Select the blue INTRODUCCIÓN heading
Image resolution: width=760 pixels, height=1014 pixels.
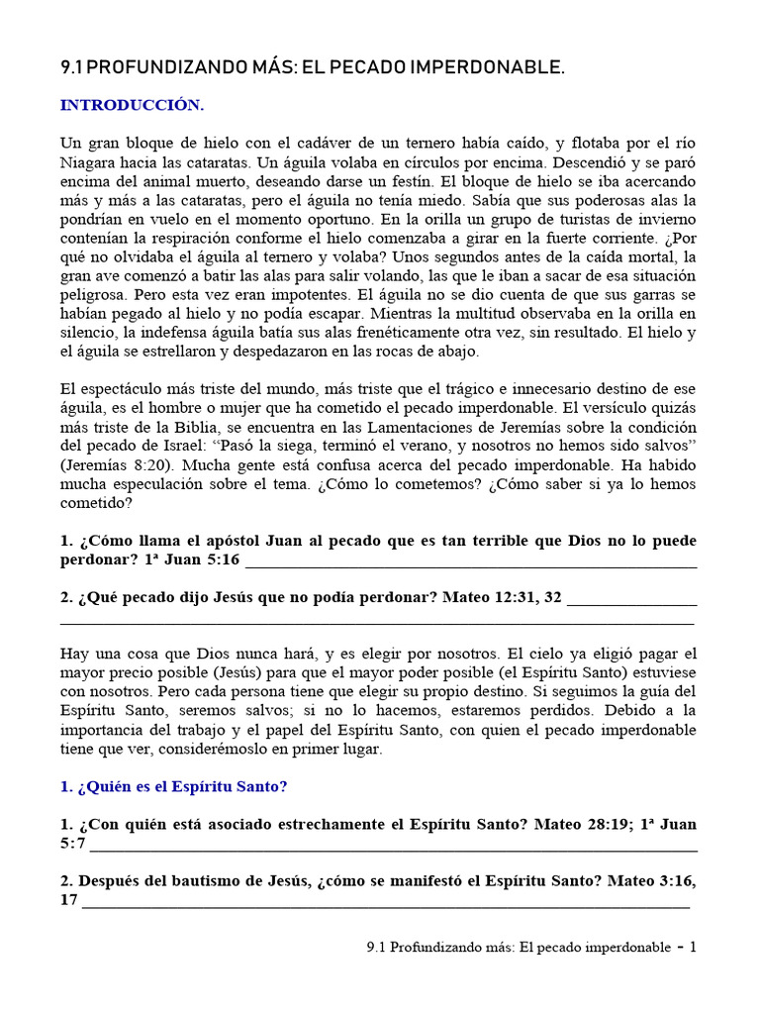[x=132, y=105]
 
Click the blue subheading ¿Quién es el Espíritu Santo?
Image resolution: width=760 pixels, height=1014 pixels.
[x=174, y=786]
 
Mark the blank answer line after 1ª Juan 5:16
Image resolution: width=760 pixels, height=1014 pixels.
[x=470, y=562]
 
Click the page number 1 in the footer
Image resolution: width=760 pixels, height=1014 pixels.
[x=693, y=948]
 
